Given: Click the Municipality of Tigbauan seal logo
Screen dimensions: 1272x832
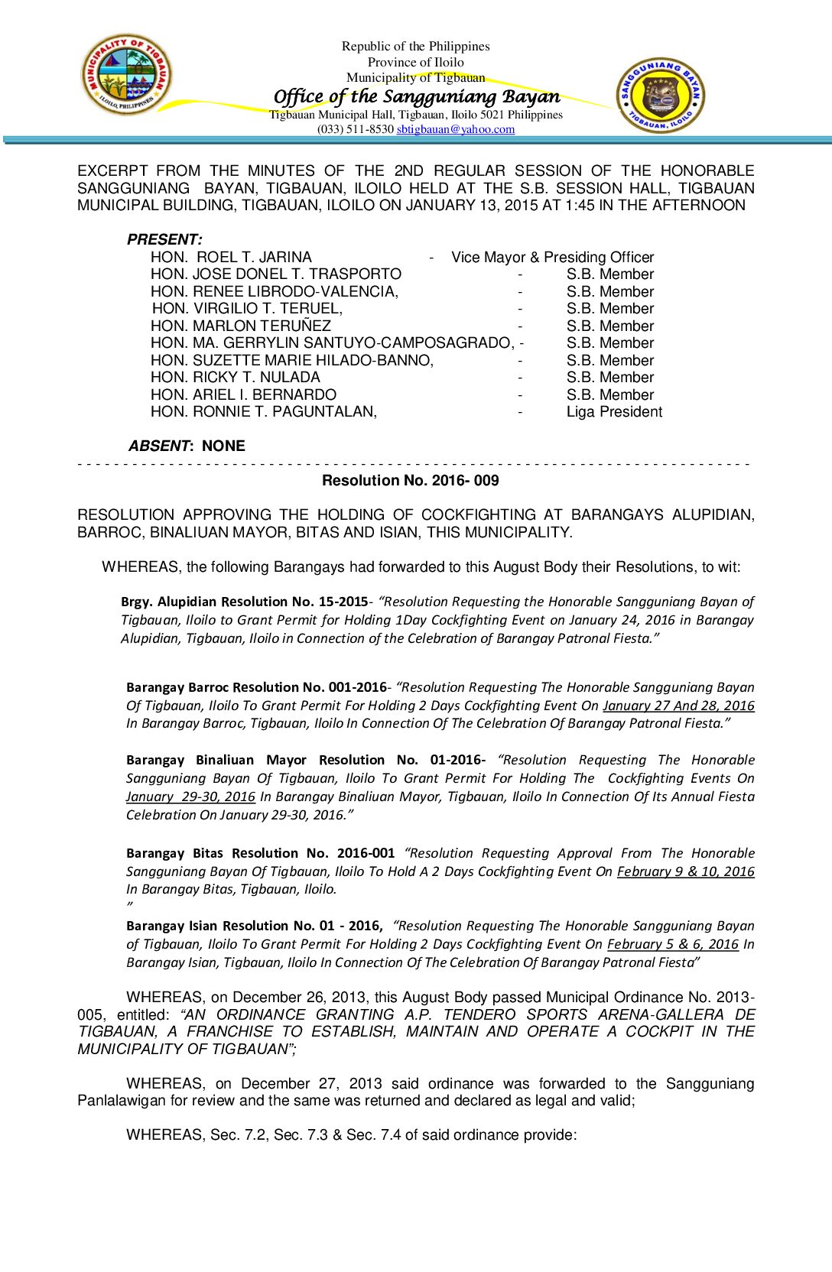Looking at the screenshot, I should coord(127,75).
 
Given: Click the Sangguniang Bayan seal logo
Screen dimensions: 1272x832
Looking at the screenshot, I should coord(661,96).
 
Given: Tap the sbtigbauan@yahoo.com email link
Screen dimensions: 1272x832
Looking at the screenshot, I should coord(456,129).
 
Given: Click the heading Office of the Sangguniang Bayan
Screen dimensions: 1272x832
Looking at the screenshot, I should coord(417,96).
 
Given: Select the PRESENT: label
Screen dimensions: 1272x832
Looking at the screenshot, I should coord(164,239).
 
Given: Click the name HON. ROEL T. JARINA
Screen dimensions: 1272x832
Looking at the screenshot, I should coord(231,257).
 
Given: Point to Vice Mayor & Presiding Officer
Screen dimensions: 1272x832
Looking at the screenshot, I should coord(552,257).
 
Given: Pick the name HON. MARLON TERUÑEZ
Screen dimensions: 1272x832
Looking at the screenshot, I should coord(240,326).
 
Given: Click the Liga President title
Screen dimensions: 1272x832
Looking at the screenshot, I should coord(614,412).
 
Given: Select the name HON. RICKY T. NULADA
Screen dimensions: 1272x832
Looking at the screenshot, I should coord(235,378).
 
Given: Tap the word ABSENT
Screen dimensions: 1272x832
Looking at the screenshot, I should coord(158,446).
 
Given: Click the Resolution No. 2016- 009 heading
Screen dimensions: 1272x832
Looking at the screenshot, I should coord(410,480).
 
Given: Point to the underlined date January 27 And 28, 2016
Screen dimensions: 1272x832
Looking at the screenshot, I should coord(678,706).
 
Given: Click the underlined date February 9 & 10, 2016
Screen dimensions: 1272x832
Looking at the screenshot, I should coord(685,871).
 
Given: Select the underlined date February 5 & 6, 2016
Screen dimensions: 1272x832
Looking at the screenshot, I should coord(673,944).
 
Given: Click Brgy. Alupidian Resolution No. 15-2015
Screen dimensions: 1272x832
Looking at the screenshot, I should coord(244,602).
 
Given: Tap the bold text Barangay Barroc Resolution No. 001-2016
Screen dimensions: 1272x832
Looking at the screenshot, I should coord(256,687).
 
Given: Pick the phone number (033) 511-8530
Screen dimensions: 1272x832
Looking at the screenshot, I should coord(356,129).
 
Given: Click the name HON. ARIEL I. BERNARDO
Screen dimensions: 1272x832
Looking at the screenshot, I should coord(243,394).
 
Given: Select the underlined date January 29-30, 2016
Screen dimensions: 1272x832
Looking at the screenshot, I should coord(190,797).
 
